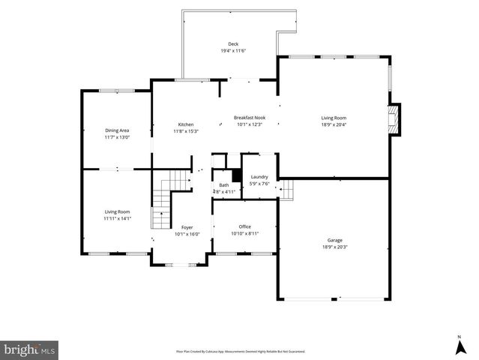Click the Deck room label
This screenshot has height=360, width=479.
[233, 43]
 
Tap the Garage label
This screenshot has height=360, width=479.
[334, 240]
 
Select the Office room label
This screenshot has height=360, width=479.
[244, 226]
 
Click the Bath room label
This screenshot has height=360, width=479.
[224, 184]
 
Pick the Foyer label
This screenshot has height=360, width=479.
[187, 226]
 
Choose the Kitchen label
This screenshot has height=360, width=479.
[186, 124]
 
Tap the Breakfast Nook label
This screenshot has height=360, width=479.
[250, 118]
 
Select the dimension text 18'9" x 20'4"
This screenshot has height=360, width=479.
[334, 124]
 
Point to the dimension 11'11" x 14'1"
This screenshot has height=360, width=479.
[118, 218]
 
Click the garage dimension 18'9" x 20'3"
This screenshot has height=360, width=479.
[334, 247]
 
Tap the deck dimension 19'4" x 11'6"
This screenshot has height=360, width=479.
[233, 50]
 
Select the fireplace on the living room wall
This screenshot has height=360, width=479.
[393, 120]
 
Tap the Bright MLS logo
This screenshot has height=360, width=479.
[30, 349]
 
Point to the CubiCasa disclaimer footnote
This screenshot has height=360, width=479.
[240, 351]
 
